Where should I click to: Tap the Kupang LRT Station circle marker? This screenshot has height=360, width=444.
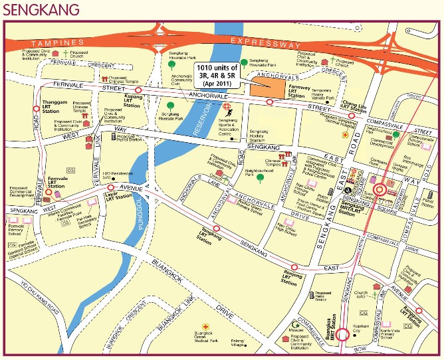(x=138, y=90)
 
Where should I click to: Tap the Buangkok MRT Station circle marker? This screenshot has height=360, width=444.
(x=343, y=335)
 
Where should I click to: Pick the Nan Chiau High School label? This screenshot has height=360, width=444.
(x=286, y=229)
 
